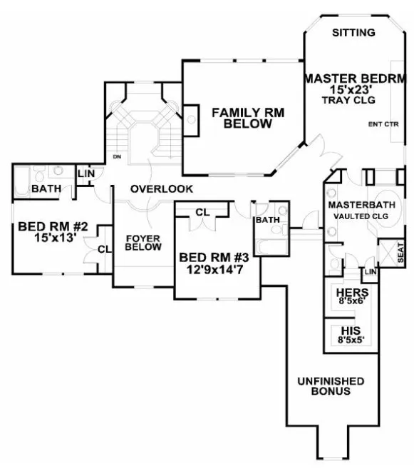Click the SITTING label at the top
[x=355, y=33]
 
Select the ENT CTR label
[x=383, y=125]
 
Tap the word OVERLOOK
[x=162, y=189]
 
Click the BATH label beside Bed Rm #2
[x=45, y=189]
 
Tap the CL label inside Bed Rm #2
[x=104, y=249]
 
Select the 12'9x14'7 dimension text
[x=214, y=269]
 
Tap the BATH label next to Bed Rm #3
[x=267, y=220]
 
